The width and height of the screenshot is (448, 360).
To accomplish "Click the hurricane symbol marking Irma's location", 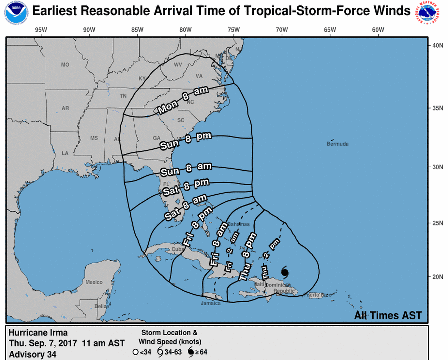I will pyautogui.click(x=285, y=273).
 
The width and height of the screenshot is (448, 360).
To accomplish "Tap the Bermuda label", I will pyautogui.click(x=338, y=144).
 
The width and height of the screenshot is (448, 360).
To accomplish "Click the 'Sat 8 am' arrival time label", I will pyautogui.click(x=185, y=208).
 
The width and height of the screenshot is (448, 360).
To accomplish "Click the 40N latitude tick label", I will pyautogui.click(x=438, y=45).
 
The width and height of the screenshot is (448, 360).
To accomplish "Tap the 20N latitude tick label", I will pyautogui.click(x=438, y=277).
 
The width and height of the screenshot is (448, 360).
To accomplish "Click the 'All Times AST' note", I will pyautogui.click(x=388, y=315).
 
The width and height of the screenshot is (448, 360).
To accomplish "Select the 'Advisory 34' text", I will pyautogui.click(x=33, y=354).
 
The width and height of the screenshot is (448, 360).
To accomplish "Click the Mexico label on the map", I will pyautogui.click(x=93, y=282).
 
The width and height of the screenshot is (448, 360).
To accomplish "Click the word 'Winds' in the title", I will pyautogui.click(x=392, y=11).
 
